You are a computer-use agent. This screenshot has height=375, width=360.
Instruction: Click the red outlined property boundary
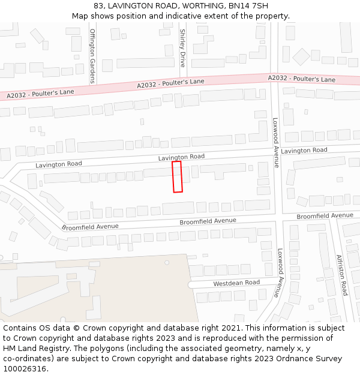pos(177,176)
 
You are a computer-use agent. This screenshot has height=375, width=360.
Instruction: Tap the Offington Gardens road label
pos(92,47)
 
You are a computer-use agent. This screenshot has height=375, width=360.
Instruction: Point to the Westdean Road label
pos(236,283)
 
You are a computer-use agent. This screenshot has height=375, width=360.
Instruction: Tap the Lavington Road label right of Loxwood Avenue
pos(304,150)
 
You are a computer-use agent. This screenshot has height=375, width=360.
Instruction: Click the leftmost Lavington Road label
pos(59,164)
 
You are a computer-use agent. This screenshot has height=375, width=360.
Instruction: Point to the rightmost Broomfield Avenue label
pos(325,215)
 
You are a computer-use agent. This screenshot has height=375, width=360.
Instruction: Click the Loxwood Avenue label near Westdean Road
pos(280,273)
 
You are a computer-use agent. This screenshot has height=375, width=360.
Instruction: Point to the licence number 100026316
pos(25,369)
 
